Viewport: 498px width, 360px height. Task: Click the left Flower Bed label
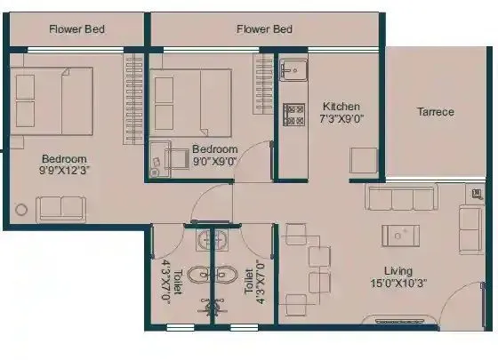tap(76, 28)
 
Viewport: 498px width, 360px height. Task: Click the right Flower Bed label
tap(265, 28)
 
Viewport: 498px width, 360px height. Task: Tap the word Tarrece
tap(435, 112)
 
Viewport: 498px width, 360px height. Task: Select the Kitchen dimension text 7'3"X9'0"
tap(341, 117)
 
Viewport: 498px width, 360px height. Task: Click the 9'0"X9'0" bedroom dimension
tap(215, 162)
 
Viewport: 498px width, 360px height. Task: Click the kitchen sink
tap(293, 68)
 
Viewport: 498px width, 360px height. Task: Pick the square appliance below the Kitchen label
tap(363, 160)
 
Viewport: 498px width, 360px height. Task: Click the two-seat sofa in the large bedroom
tap(61, 207)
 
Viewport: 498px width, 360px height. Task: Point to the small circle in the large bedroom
tap(20, 211)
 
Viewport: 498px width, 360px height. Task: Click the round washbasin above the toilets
tap(212, 239)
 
